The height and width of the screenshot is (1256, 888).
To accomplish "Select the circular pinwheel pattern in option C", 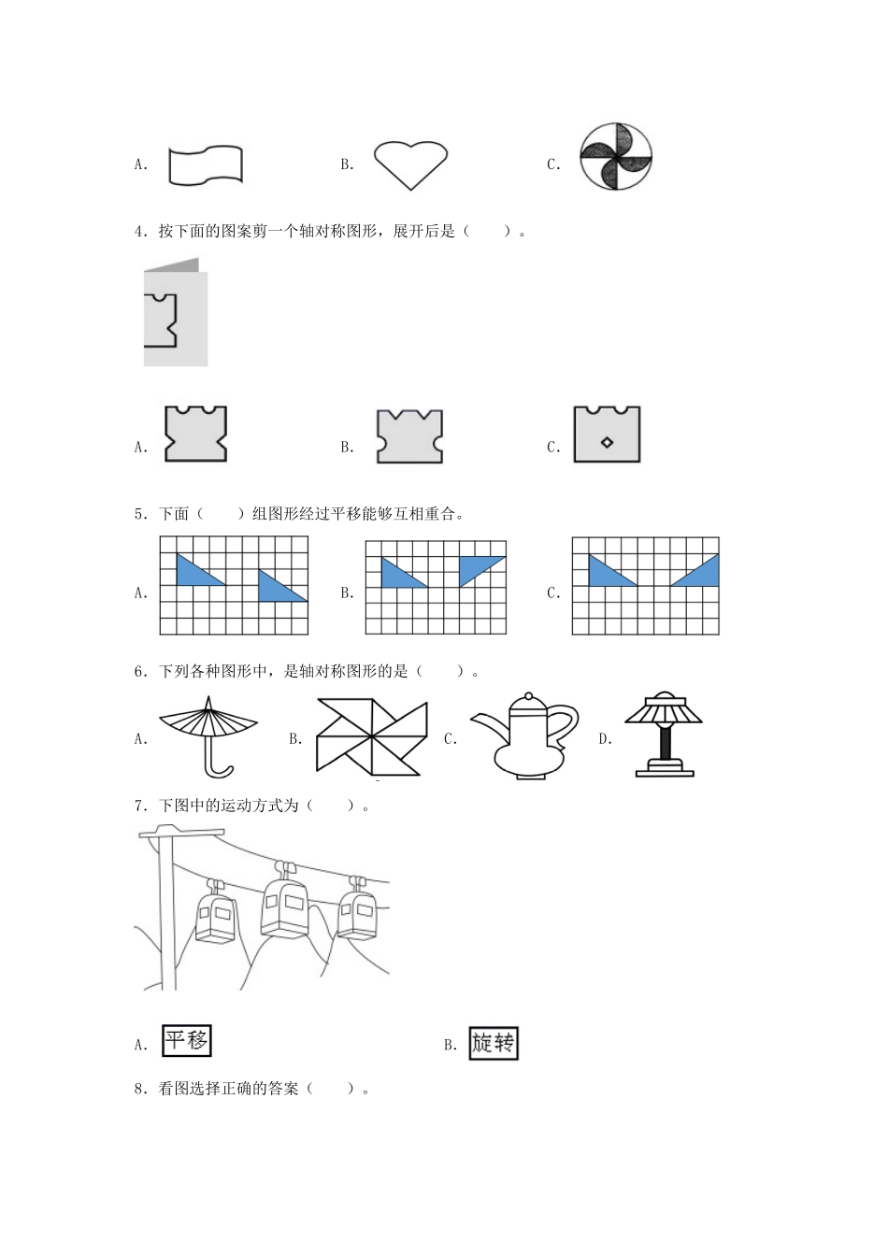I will (x=615, y=157).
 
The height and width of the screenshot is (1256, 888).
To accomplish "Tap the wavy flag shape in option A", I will (x=206, y=164).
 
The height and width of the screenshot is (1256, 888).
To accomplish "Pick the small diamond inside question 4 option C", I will (x=607, y=442).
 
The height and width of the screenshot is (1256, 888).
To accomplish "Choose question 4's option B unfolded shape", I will (x=409, y=435).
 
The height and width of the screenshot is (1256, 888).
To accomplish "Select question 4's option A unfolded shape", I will (x=195, y=434).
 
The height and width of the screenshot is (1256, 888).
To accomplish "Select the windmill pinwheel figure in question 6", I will (x=371, y=735).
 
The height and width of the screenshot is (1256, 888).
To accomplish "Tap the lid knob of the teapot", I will (x=529, y=697).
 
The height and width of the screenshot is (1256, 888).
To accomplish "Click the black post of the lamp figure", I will (x=665, y=743).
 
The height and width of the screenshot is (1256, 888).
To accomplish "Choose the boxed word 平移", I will (x=186, y=1040).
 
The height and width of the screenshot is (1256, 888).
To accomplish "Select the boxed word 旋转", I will (x=493, y=1043).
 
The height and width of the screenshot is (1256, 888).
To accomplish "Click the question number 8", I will (x=139, y=1089).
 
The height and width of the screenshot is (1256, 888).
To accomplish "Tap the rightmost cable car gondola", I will (x=357, y=911).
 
